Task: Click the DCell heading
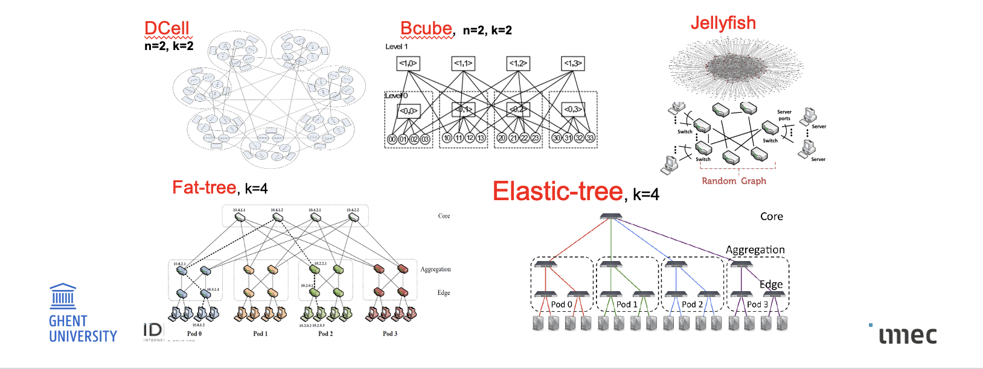[x=167, y=28]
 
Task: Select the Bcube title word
[x=426, y=28]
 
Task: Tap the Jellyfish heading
[x=723, y=23]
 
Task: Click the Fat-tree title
[x=204, y=188]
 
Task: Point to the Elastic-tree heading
[x=557, y=191]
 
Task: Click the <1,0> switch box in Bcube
[x=408, y=63]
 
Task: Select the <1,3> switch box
[x=572, y=63]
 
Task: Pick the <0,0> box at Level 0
[x=408, y=110]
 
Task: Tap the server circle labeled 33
[x=590, y=138]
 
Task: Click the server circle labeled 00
[x=392, y=139]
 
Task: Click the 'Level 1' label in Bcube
[x=397, y=46]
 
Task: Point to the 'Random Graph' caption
[x=734, y=181]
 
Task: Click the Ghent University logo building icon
[x=63, y=296]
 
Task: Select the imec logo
[x=907, y=335]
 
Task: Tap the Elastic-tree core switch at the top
[x=611, y=216]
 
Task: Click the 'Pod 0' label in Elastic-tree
[x=562, y=304]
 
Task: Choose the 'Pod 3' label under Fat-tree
[x=390, y=333]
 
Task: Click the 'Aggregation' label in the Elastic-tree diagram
[x=755, y=250]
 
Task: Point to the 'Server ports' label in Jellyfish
[x=784, y=115]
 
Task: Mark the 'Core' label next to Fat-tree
[x=444, y=216]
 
